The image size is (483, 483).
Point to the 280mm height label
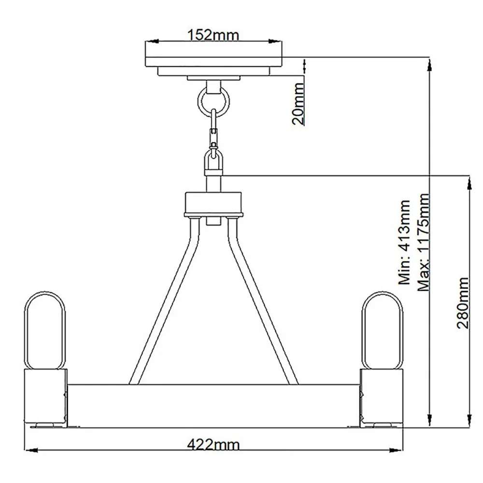click(x=463, y=303)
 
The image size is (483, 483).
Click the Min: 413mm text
click(x=404, y=242)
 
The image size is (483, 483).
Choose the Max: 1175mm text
click(x=424, y=242)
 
